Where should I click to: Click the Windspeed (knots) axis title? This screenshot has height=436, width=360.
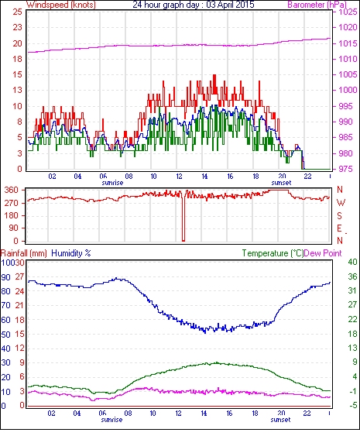point(61,5)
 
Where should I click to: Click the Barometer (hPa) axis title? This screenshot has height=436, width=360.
point(317,5)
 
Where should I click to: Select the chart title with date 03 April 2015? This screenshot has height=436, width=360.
point(194,5)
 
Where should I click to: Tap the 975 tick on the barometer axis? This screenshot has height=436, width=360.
point(346,169)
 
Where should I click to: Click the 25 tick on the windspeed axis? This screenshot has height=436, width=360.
point(17,12)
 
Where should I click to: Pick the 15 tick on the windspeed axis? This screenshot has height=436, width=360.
point(17,75)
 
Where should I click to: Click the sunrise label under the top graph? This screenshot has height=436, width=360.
point(112,183)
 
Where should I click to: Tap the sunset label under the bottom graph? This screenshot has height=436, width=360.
point(280,420)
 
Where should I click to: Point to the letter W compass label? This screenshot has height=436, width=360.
point(341,203)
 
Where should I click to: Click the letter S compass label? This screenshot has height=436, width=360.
point(339,215)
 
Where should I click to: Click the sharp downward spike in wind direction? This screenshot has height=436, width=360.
point(183,217)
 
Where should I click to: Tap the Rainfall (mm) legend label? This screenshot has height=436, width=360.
point(24,253)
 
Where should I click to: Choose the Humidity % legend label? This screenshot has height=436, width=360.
point(71,253)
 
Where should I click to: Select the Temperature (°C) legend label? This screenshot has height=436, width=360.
point(273,253)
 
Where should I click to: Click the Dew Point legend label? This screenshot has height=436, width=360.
point(323,253)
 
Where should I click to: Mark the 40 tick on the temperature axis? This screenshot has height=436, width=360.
point(352,262)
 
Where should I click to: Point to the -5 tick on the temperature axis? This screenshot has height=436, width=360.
point(353,406)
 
